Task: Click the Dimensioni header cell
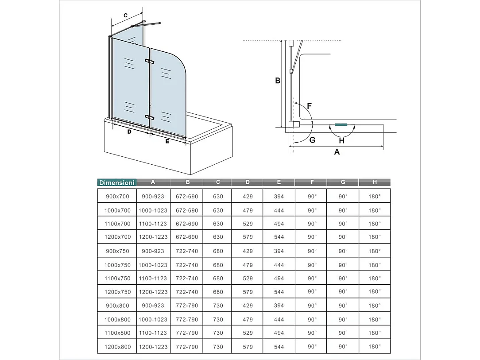point(117,182)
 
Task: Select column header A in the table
point(153,182)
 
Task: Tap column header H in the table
point(375,182)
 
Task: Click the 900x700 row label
point(117,196)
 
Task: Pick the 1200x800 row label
point(117,347)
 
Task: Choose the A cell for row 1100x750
point(153,279)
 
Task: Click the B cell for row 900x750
point(187,251)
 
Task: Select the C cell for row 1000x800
point(218,319)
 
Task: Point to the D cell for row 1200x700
point(248,237)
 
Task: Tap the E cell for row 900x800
point(279,306)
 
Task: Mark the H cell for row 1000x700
point(375,210)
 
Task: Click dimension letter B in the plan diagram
point(278,81)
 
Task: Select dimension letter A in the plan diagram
point(337,152)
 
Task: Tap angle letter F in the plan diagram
point(309,106)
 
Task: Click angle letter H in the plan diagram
point(341,140)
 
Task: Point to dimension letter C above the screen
point(125,15)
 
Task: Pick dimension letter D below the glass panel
point(129,132)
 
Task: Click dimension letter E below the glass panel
point(167,141)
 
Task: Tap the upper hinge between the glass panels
point(149,61)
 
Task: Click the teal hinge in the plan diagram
point(341,125)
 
